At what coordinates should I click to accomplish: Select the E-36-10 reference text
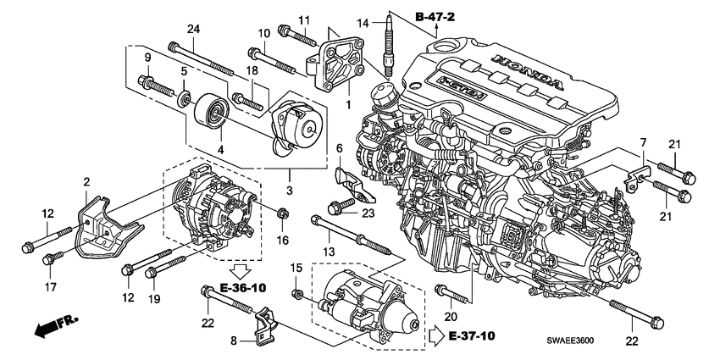(241, 288)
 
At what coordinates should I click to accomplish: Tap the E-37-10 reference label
(472, 335)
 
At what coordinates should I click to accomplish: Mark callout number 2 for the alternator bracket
(86, 180)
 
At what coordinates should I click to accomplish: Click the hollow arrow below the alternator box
(241, 272)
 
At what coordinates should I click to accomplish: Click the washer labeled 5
(183, 102)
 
